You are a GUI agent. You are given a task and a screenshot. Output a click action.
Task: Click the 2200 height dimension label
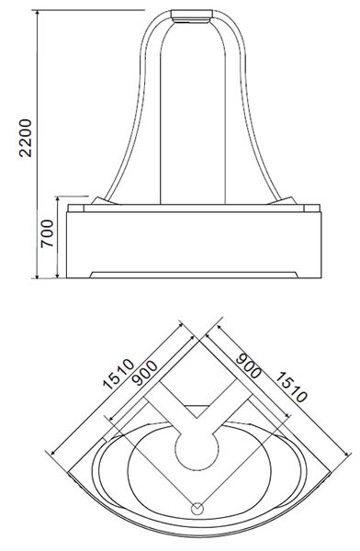26,138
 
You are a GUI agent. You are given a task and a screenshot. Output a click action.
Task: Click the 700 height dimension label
47,233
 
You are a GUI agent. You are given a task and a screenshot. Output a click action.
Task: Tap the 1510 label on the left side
118,374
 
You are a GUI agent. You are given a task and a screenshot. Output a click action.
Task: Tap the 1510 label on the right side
289,387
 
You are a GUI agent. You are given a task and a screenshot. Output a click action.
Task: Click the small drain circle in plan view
197,508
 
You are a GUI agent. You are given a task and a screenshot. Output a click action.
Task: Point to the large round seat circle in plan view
197,449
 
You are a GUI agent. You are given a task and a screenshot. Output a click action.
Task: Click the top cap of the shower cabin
192,16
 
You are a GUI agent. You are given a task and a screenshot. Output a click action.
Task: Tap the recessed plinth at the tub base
194,275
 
